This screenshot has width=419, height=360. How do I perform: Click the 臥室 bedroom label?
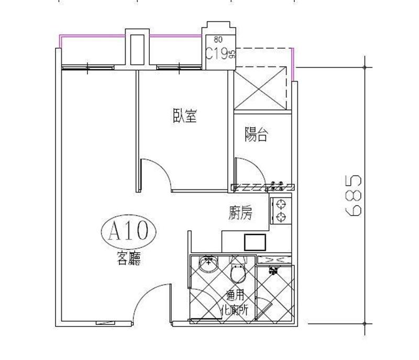[185, 115]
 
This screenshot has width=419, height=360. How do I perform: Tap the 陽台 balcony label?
[256, 134]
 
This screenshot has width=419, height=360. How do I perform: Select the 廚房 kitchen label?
[240, 213]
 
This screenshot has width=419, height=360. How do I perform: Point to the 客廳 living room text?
[129, 258]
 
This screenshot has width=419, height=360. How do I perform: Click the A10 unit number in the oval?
[128, 231]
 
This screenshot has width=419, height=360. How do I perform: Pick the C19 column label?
[217, 54]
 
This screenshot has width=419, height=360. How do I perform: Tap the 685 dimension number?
[353, 195]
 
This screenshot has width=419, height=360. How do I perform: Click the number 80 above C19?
[218, 40]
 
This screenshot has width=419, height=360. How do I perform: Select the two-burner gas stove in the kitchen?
[281, 211]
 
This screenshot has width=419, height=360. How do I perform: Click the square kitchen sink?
[255, 242]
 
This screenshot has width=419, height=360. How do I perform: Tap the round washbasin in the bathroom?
[208, 264]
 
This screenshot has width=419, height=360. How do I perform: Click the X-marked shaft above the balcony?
[260, 88]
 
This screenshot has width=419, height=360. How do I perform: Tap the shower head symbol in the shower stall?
[273, 271]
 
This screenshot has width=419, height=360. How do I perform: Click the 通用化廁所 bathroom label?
[234, 303]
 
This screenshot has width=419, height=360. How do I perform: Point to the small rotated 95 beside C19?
[232, 54]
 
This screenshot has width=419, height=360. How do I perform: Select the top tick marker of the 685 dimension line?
[365, 67]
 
